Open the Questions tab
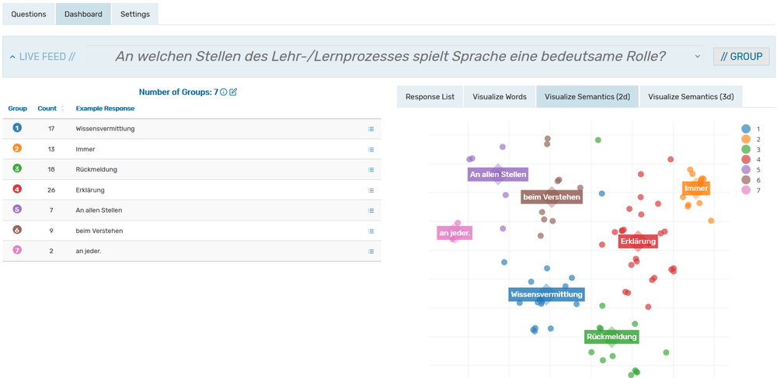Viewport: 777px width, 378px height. point(29,14)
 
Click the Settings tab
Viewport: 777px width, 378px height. point(135,14)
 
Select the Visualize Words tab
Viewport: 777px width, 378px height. point(500,97)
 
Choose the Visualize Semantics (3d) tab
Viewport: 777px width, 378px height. point(691,97)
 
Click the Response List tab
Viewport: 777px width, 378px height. point(430,97)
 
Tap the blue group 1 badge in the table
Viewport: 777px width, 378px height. point(17,128)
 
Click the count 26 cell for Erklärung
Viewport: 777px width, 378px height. point(51,189)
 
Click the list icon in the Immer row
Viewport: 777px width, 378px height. point(371,149)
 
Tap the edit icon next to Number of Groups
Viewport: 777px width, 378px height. point(233,92)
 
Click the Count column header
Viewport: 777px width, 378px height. point(47,109)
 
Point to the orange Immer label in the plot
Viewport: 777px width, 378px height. point(696,189)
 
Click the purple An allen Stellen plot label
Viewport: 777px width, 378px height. point(498,175)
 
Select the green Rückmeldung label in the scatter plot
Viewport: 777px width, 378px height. point(611,337)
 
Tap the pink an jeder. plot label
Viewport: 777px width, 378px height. point(455,233)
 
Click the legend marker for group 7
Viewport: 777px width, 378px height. point(746,190)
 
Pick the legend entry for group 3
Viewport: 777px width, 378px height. point(746,149)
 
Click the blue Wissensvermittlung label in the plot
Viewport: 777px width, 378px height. point(546,295)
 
